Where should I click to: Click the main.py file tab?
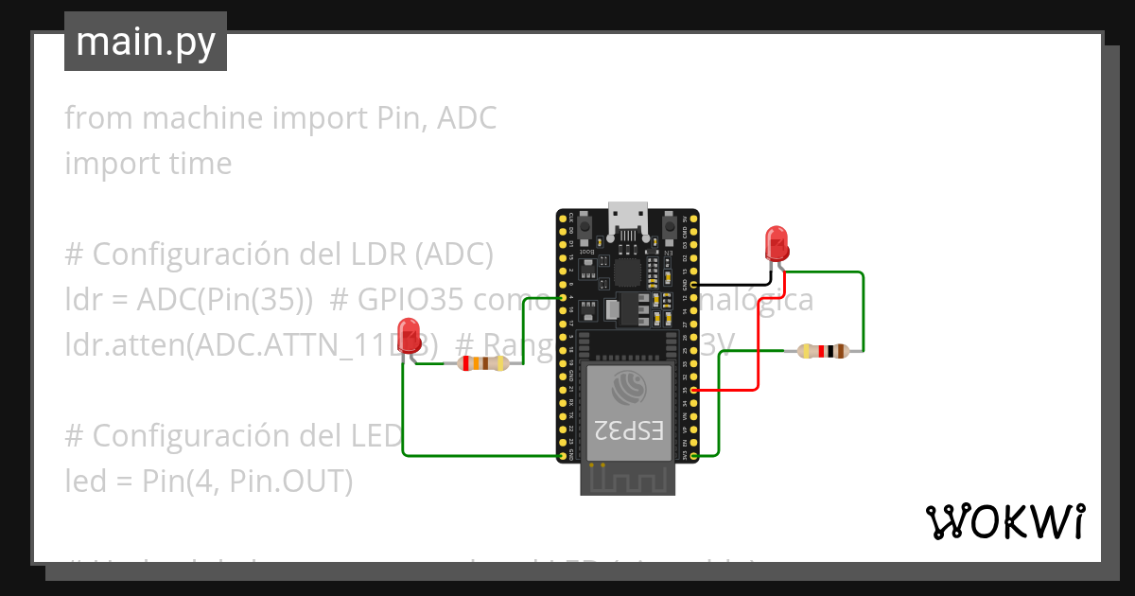tap(145, 42)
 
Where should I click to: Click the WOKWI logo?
tap(1004, 521)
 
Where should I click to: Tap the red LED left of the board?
tap(409, 341)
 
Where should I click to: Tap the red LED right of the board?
tap(776, 242)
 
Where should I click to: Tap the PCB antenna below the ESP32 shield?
tap(628, 481)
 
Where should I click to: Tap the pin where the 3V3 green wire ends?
tap(695, 456)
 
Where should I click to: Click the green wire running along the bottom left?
tap(473, 456)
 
